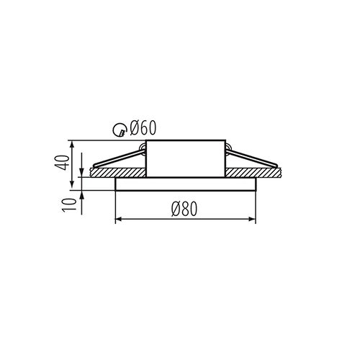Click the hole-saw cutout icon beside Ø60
tap(123, 130)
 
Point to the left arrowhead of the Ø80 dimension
tap(119, 218)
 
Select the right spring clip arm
tap(252, 161)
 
